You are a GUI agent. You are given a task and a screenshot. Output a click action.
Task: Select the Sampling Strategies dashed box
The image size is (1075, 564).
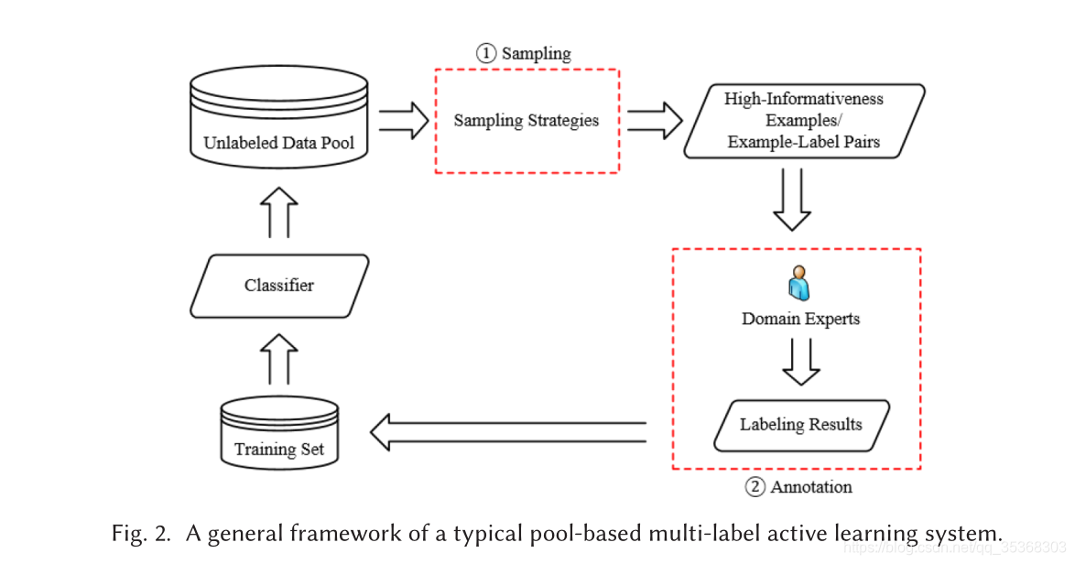527,120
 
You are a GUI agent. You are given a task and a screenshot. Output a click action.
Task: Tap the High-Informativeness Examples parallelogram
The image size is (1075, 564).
803,121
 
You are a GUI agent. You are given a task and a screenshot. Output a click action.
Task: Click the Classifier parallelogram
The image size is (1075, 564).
279,286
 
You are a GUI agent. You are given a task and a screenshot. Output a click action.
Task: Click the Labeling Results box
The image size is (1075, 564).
801,425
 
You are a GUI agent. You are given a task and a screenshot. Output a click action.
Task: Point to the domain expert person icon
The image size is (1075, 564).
799,284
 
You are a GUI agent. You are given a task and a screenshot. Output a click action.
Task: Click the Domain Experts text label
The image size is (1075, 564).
801,320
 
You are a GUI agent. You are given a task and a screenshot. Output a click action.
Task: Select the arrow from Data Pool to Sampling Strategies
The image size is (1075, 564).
403,120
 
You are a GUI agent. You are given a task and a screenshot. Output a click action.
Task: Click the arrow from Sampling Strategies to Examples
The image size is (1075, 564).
654,120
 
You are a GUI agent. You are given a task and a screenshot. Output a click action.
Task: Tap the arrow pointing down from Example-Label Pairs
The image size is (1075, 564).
792,200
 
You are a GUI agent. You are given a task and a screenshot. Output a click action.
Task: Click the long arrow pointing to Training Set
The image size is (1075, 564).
507,432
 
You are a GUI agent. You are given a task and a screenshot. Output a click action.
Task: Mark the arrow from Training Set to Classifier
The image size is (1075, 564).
279,359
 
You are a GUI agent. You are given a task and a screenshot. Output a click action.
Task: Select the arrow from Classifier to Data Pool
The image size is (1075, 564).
279,212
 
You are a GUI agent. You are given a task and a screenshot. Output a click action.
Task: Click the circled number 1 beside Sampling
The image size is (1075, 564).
484,53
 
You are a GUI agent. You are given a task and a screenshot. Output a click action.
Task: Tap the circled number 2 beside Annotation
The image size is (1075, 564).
755,487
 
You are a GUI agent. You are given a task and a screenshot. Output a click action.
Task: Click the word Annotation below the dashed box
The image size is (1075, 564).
811,487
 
